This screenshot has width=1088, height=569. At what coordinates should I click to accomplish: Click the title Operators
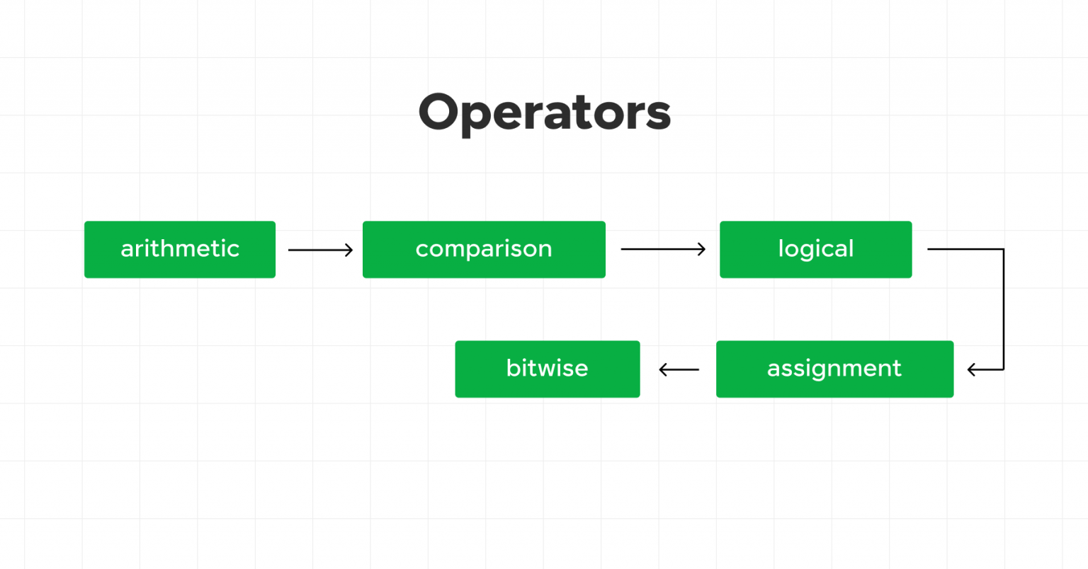coord(544,113)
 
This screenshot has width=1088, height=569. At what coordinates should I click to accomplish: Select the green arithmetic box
coord(180,249)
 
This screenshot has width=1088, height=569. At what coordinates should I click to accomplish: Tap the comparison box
coord(484,249)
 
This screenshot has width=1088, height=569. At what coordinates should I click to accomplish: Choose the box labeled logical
coord(815,249)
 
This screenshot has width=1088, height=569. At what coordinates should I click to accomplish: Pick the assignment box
coord(834,369)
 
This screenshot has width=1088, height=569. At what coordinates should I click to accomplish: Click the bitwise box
coord(547,369)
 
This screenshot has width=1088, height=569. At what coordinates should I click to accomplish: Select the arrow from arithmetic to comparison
coord(319,250)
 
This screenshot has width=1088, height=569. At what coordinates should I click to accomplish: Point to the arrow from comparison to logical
coord(662,249)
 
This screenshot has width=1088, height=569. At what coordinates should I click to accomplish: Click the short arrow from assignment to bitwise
coord(679,369)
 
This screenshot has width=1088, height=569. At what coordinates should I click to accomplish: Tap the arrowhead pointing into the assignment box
coord(971,369)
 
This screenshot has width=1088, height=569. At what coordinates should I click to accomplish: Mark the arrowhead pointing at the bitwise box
coord(662,369)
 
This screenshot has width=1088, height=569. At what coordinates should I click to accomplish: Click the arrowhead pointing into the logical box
coord(702,249)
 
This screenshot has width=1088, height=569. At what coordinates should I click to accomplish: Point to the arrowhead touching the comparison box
coord(349,250)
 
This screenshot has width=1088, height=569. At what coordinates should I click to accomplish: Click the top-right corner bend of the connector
coord(1003,250)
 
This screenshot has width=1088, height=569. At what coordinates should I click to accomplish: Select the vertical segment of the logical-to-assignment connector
coord(1003,309)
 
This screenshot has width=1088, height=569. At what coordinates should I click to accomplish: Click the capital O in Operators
coord(439,113)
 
